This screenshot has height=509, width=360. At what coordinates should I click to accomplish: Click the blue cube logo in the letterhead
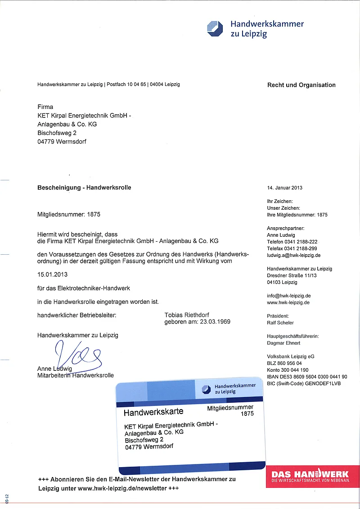pos(215,28)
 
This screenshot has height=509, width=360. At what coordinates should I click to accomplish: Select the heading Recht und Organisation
pos(301,85)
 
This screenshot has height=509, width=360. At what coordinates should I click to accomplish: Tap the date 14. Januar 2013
pos(285,188)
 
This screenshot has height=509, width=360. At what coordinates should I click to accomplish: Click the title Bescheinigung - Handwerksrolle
pos(84,187)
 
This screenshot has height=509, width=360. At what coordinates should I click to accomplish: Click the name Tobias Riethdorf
pos(187,315)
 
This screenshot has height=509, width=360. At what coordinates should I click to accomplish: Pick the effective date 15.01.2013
pos(52,274)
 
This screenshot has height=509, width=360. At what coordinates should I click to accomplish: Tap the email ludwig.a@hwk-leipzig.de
pos(293,255)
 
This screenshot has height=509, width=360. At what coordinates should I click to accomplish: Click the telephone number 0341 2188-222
pos(302,242)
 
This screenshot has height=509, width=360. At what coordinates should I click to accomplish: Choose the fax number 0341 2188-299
pos(302,248)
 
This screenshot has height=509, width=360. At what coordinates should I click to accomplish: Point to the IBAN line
pos(307,377)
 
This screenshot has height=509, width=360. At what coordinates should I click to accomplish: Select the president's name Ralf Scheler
pos(280,323)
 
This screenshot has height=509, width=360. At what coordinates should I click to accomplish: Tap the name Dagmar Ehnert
pos(283,343)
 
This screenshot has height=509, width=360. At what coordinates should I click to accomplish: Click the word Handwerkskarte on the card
pos(153,412)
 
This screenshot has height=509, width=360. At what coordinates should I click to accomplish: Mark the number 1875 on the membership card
pos(247,414)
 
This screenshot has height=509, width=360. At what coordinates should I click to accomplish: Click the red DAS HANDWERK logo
pos(310,477)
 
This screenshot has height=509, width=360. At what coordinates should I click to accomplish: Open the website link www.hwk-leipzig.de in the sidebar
pos(288,302)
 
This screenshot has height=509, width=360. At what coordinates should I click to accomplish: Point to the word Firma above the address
pos(45,107)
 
